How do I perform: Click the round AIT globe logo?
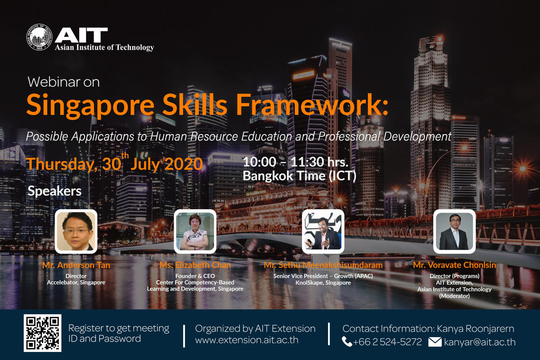coord(39,37)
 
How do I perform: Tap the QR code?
coord(42,333)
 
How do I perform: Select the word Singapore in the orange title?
coord(90,105)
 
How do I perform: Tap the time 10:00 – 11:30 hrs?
coord(296,162)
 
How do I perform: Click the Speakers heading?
coord(54,191)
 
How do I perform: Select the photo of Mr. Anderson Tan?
coord(76,231)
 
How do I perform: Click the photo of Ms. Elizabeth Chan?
coord(195,231)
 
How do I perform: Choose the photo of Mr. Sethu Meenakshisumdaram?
coord(323,231)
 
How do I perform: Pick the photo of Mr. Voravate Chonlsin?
coord(454,231)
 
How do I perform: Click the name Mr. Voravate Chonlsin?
coord(454,265)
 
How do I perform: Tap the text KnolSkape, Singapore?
coord(323,283)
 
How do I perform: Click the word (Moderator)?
coord(454,296)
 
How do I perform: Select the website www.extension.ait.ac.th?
coord(247,340)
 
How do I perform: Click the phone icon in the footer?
coord(347,342)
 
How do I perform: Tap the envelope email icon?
coord(435,342)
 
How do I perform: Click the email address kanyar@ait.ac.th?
coord(480,342)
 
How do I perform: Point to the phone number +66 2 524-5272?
coord(387,342)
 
